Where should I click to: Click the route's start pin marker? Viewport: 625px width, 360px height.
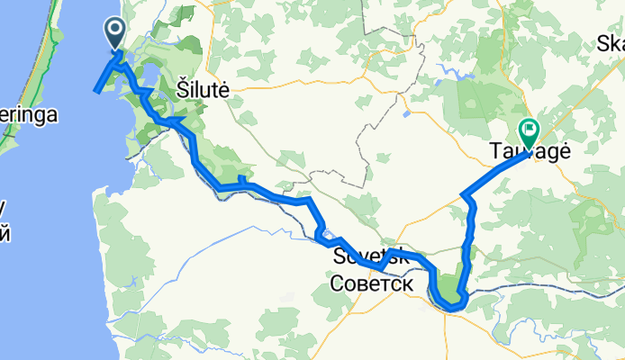117,34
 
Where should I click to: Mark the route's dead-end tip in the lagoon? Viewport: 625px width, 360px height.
96,90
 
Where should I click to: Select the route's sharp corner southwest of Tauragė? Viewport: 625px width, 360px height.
462,194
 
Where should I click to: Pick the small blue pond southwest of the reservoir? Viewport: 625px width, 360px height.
407,114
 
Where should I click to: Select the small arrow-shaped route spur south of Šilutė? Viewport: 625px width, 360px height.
175,121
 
